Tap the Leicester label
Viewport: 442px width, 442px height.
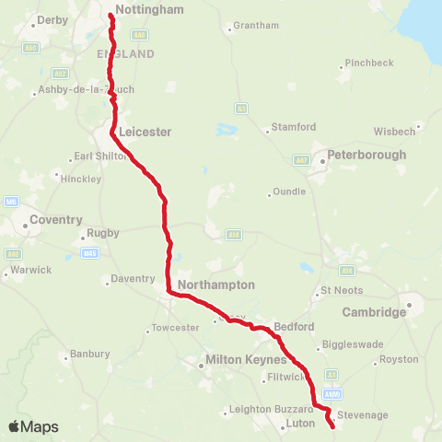tap(145, 132)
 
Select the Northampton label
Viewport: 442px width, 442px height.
tap(215, 285)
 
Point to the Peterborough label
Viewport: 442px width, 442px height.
tap(366, 155)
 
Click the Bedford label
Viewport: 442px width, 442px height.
tap(295, 327)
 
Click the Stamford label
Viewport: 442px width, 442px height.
tap(294, 127)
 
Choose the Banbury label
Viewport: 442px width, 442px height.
tap(90, 354)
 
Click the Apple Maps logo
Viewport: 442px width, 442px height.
tap(33, 426)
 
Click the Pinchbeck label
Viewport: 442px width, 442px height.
tap(369, 63)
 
